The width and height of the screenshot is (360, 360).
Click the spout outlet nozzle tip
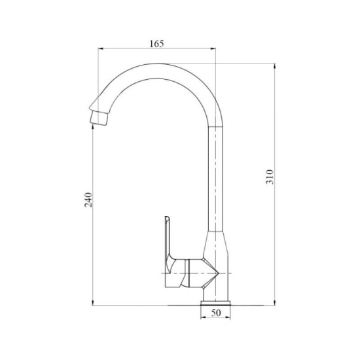pos(95,119)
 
